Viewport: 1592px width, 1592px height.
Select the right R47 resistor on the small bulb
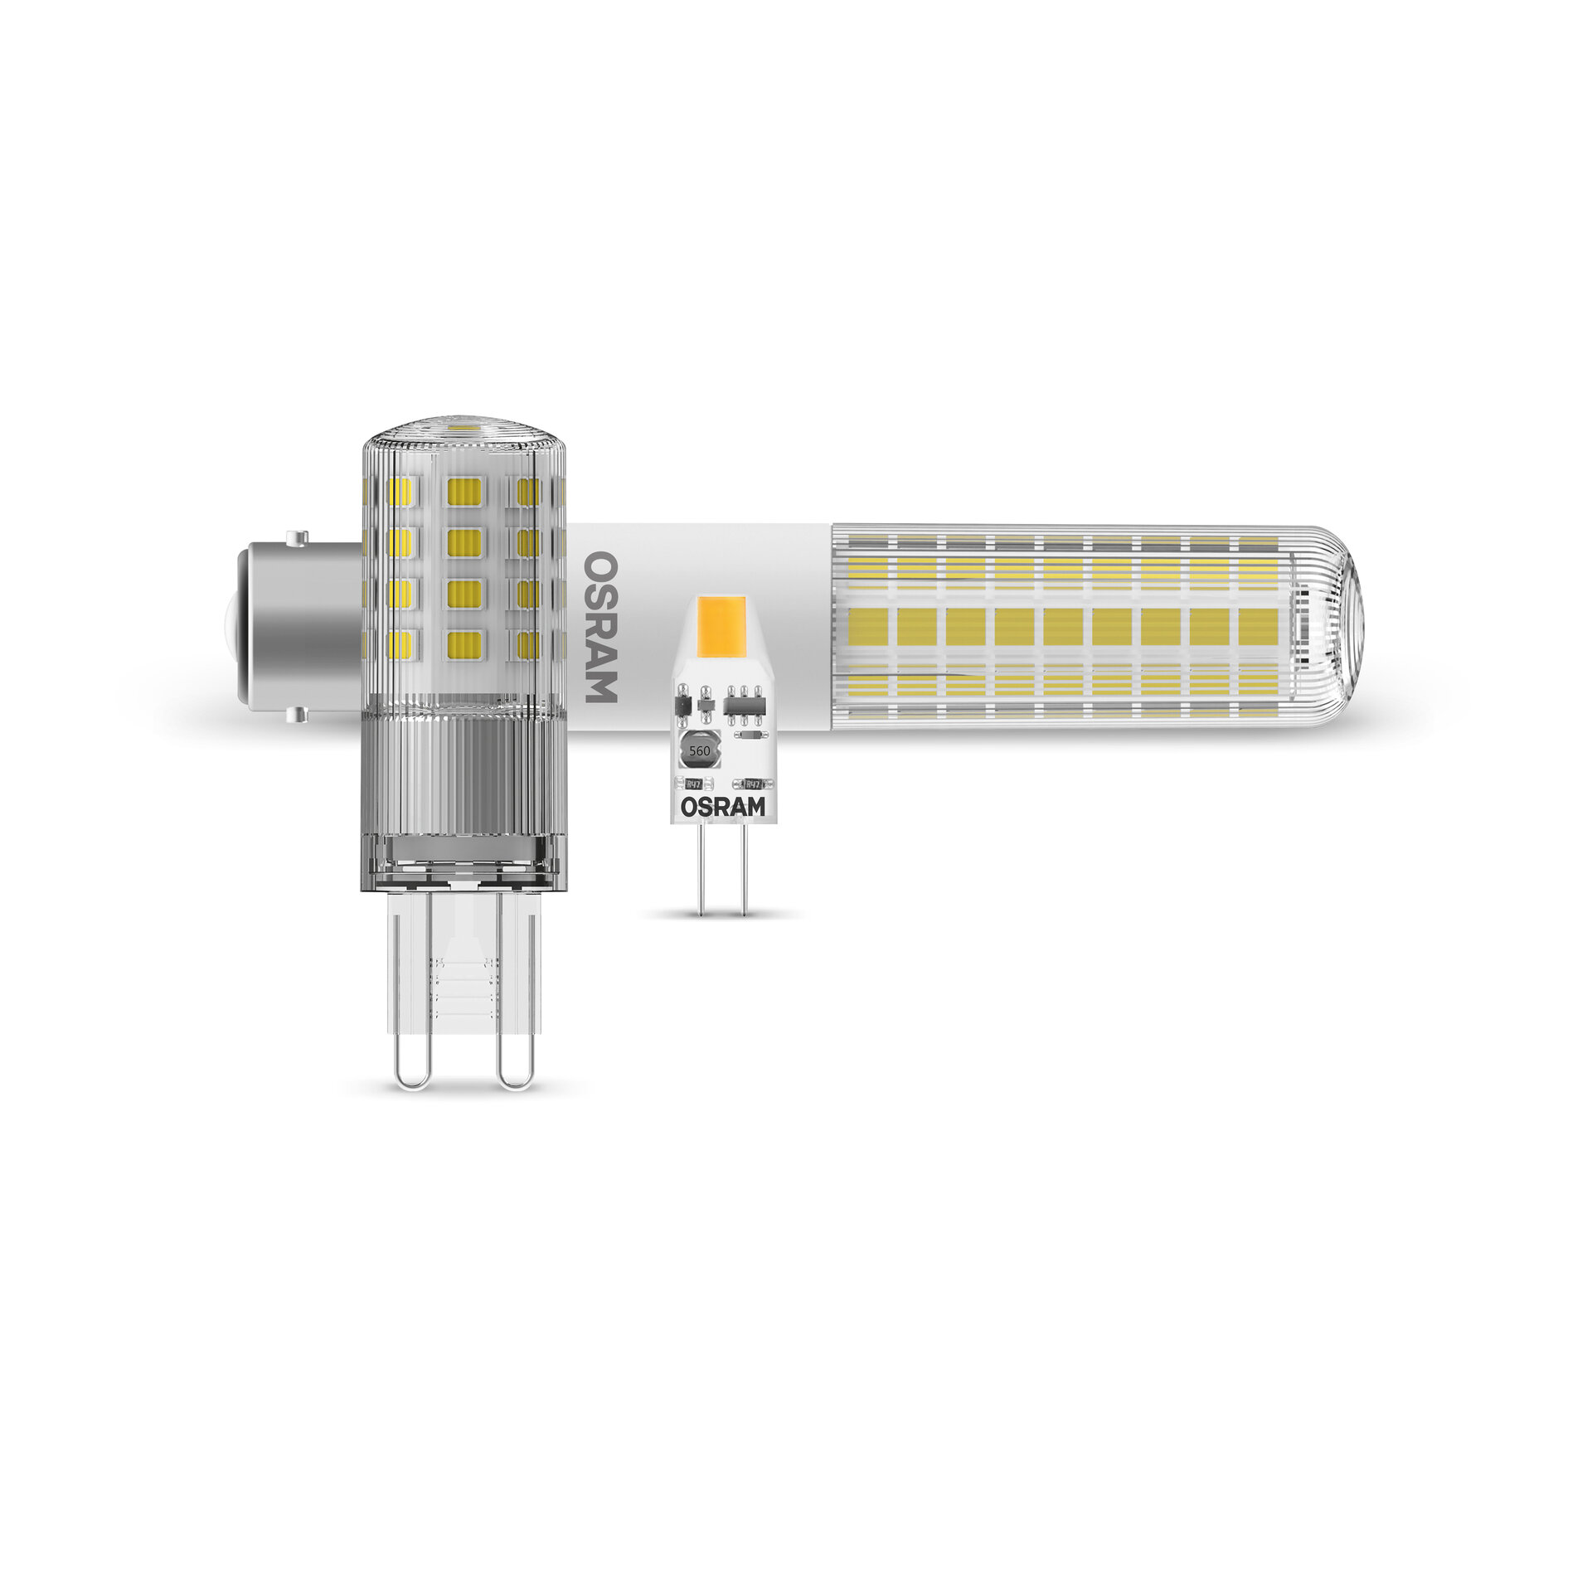[x=753, y=784]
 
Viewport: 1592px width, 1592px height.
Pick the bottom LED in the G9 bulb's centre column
[x=464, y=644]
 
